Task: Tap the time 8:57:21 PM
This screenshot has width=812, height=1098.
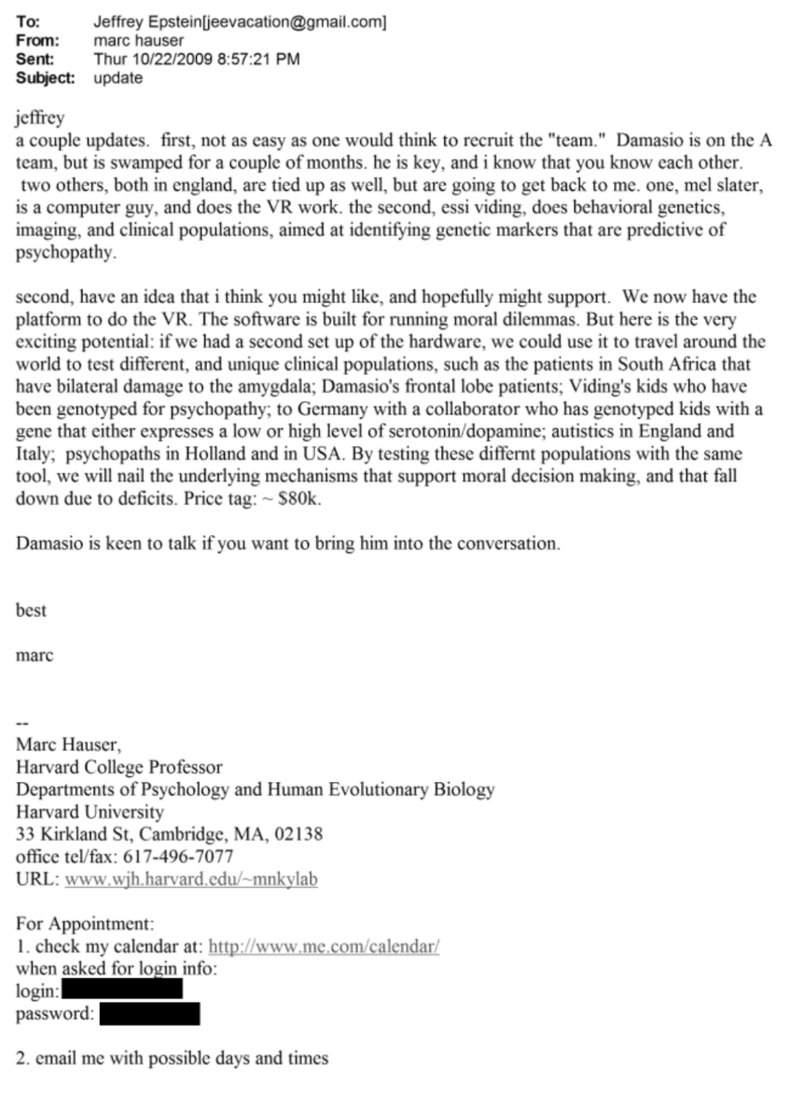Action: click(258, 59)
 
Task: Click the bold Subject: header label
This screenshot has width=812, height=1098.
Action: click(45, 78)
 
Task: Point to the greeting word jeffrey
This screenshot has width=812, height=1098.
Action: click(40, 117)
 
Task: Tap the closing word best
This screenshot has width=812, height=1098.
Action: click(31, 611)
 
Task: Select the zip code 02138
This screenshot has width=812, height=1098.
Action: click(298, 834)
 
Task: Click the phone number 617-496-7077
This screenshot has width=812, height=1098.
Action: click(188, 857)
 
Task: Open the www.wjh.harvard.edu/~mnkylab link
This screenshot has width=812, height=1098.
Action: click(191, 879)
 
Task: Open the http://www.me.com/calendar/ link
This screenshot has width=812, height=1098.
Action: click(323, 947)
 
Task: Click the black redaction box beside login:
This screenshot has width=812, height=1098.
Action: click(122, 989)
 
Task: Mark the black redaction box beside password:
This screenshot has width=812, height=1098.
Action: click(150, 1013)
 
